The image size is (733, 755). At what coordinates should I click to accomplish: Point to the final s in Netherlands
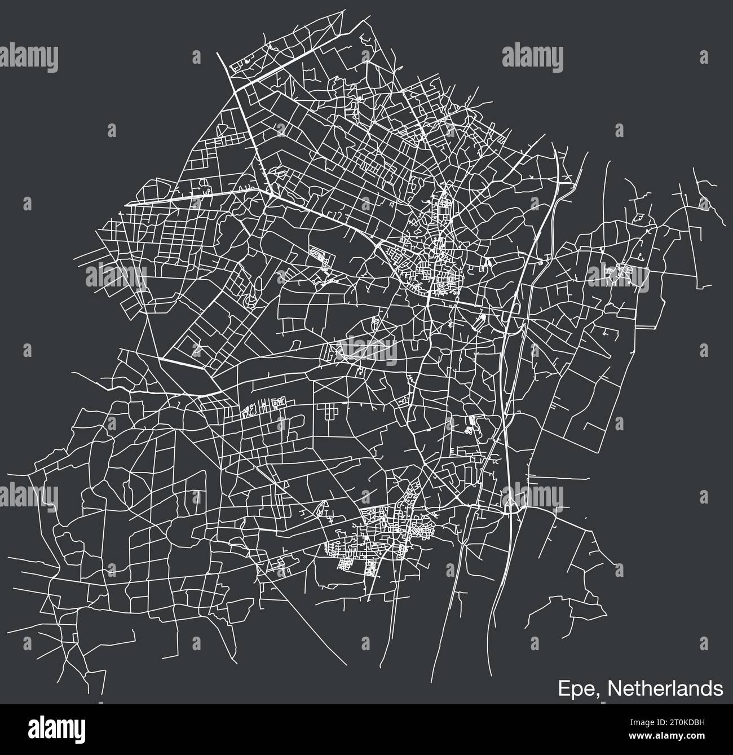[718, 688]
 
